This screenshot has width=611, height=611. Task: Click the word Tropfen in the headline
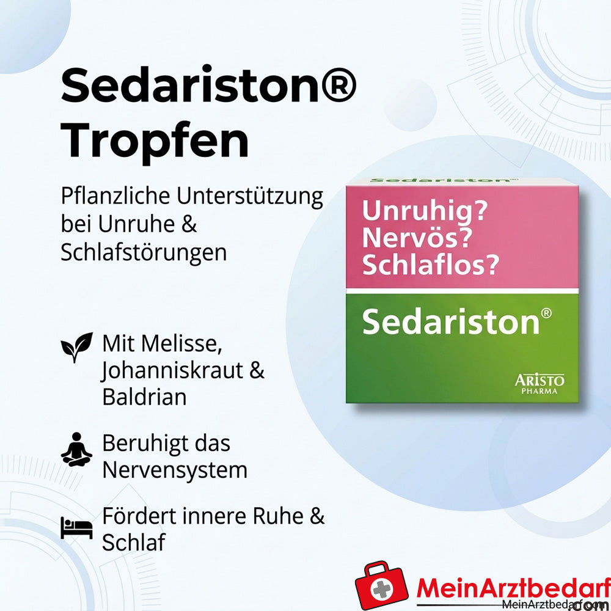(x=155, y=141)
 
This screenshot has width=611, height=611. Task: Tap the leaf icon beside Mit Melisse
(x=76, y=346)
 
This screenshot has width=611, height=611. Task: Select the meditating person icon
(x=76, y=450)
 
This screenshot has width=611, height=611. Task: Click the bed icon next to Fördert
(x=76, y=527)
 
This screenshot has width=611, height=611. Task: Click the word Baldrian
(x=144, y=397)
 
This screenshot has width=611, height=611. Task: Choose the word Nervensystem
(x=174, y=470)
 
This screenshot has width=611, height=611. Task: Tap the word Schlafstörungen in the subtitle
(x=144, y=252)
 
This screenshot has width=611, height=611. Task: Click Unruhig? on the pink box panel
(x=425, y=211)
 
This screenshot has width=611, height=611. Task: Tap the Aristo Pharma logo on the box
(x=539, y=384)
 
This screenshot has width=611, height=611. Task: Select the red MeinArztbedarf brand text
(x=513, y=588)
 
